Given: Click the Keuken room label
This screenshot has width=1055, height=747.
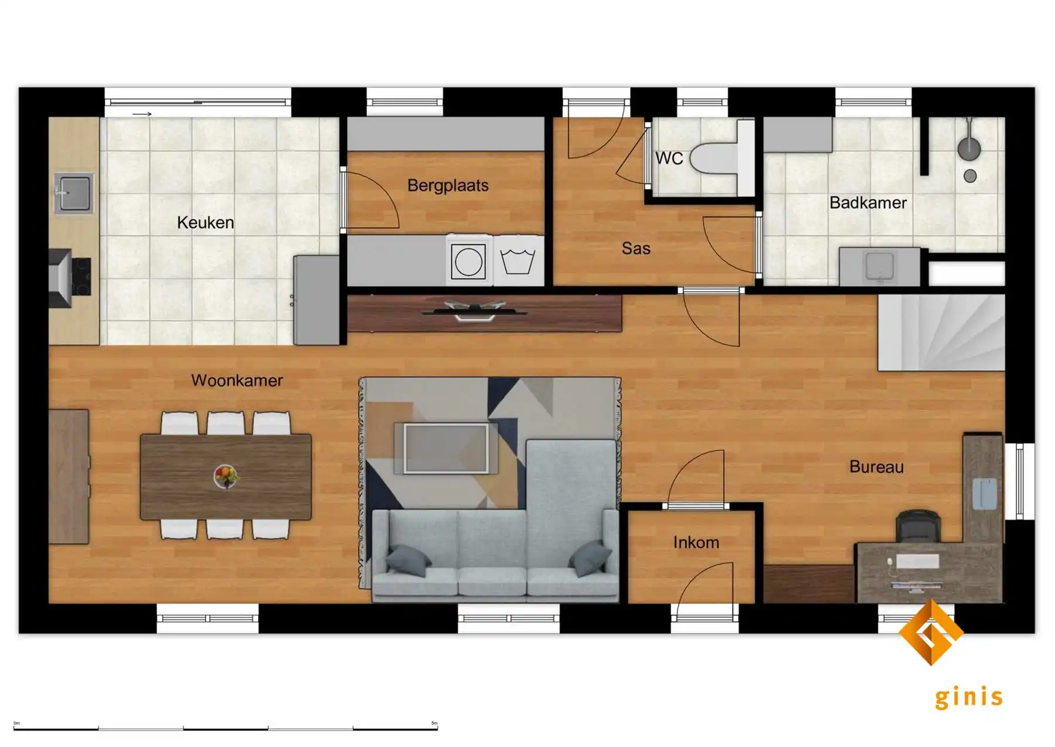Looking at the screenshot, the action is click(x=205, y=223).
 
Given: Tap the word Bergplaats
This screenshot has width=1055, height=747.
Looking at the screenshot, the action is click(x=448, y=186).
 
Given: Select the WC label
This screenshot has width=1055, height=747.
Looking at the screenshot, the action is click(x=669, y=158).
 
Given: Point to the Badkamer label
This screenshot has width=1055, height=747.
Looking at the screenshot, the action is click(x=868, y=203).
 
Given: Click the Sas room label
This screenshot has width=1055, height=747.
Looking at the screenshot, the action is click(x=636, y=249).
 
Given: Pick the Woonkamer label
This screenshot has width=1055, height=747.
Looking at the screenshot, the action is click(x=237, y=381).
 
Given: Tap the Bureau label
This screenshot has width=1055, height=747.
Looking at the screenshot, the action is click(x=876, y=467).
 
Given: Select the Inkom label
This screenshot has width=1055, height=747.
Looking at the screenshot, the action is click(x=696, y=542).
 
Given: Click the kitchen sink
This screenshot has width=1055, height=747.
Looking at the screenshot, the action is click(x=73, y=192).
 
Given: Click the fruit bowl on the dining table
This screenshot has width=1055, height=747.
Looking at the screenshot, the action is click(x=226, y=476).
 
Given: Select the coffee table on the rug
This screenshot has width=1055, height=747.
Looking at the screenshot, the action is click(x=446, y=448).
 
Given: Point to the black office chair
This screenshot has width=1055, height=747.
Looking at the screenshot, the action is click(x=918, y=525).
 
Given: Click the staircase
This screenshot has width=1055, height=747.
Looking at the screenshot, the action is click(x=941, y=332).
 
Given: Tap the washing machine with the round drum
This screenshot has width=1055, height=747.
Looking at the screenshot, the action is click(x=468, y=261).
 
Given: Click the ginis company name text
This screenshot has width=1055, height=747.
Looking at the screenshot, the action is click(x=968, y=697).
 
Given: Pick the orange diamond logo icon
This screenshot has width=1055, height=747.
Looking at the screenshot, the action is click(x=931, y=632).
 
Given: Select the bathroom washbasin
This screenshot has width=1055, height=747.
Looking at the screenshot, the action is click(x=879, y=267).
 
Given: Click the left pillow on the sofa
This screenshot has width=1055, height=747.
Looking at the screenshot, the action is click(x=409, y=560).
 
